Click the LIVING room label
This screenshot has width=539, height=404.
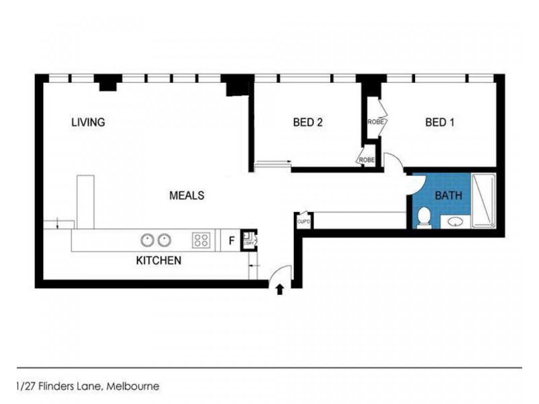click(88, 122)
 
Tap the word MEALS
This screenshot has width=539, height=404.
click(186, 195)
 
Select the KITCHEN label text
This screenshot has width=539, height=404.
click(158, 260)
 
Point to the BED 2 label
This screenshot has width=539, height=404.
click(308, 122)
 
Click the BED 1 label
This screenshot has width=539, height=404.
click(440, 122)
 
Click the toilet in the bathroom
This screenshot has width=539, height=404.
click(424, 217)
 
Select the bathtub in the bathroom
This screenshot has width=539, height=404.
click(484, 200)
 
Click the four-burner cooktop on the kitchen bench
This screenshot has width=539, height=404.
click(201, 239)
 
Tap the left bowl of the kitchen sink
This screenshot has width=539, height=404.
click(147, 239)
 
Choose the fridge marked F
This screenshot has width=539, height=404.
click(231, 240)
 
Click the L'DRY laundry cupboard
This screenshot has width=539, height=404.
click(249, 238)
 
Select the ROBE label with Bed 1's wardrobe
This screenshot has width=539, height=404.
click(375, 122)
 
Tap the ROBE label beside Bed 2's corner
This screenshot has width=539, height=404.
click(366, 160)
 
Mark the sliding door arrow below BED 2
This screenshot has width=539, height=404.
click(273, 162)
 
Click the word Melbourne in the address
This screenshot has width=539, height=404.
click(132, 386)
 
